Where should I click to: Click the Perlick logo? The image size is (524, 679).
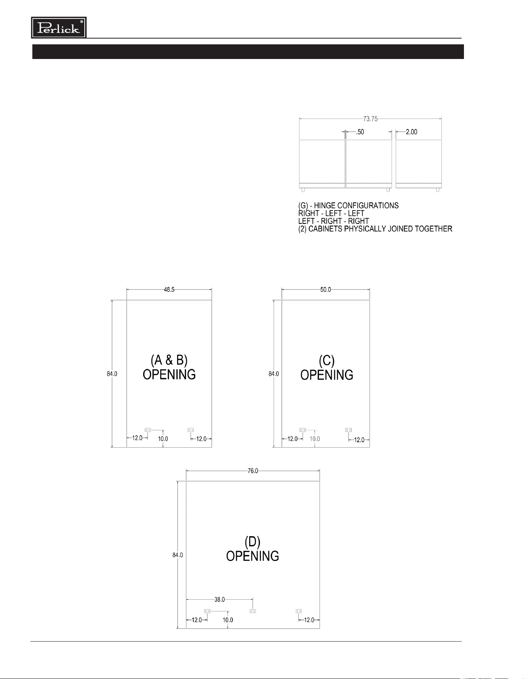coord(59,27)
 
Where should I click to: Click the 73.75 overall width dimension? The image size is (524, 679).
coord(370,119)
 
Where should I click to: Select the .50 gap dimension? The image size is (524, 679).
coord(360,132)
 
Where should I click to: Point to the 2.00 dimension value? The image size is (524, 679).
coord(412,132)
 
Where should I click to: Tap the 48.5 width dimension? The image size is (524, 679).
coord(169,290)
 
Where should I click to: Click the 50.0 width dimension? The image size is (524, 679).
coord(326,290)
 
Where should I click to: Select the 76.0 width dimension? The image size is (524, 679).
coord(253,471)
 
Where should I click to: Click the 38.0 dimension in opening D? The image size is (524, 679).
coord(220,600)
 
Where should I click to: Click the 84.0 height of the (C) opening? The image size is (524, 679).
coord(274,374)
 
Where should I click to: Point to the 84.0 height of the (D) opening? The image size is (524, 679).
coord(177,555)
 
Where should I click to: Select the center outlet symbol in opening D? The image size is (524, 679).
coord(253,611)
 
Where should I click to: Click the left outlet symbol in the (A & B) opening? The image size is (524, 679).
coord(148,430)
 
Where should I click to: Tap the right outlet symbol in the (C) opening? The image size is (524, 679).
coord(348,430)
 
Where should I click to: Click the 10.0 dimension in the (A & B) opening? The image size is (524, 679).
coord(163,439)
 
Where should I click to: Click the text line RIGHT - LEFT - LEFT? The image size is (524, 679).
coord(331,213)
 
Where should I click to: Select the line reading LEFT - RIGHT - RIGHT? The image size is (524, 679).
coord(334,221)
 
